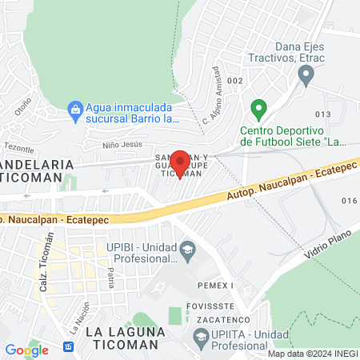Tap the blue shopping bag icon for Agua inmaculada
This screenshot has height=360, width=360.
coord(74,107)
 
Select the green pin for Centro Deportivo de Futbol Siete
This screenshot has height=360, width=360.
coord(258,108)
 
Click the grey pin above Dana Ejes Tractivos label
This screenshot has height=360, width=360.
coord(305,76)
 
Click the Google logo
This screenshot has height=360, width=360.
coord(26,350)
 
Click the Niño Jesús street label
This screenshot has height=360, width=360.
coord(122,145)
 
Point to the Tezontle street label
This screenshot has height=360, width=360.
coord(19,147)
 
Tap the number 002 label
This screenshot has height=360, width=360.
coord(234,81)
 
